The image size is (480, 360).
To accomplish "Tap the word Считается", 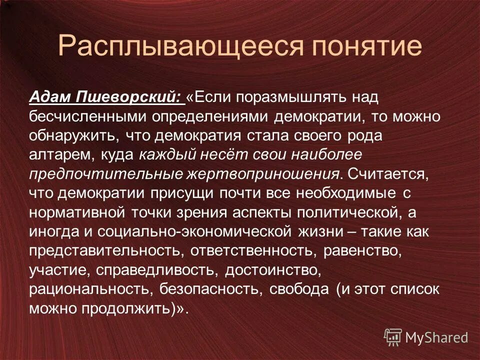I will coord(387,173).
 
